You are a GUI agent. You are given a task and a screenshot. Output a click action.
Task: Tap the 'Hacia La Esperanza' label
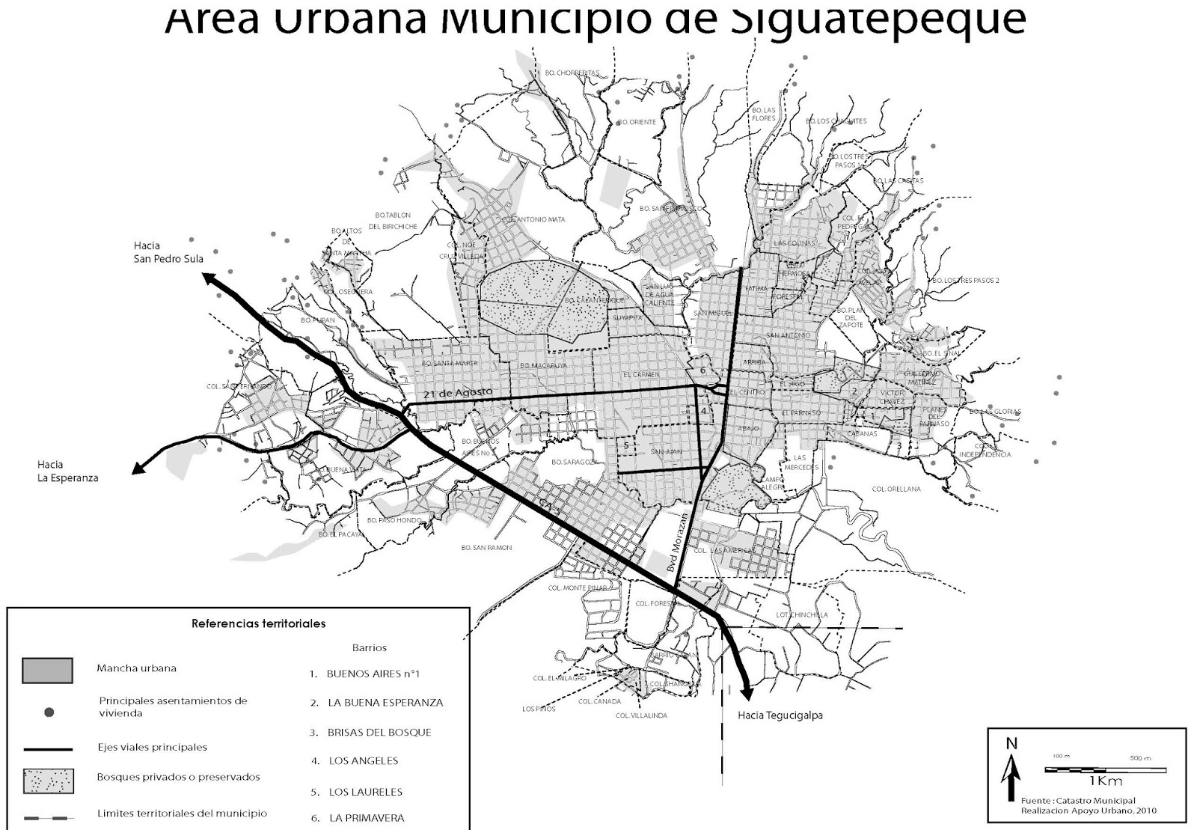(67, 472)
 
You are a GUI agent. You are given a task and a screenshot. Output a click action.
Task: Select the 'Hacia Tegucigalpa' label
(780, 715)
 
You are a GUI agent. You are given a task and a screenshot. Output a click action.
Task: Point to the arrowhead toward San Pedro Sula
(209, 279)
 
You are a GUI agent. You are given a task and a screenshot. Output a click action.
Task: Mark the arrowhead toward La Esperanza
(138, 469)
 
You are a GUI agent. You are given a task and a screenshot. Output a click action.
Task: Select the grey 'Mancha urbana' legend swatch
(47, 670)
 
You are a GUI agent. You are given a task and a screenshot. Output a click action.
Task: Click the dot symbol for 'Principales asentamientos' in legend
(49, 712)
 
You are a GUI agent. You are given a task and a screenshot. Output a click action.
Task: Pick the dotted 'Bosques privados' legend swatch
(48, 781)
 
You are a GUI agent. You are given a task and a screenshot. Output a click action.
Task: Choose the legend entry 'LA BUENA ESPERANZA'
(385, 703)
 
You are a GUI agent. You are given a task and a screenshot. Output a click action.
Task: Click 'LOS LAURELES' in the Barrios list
(366, 792)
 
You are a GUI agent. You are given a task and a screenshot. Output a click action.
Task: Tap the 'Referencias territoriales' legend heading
(258, 623)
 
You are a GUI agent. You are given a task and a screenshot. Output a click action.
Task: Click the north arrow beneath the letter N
(1011, 778)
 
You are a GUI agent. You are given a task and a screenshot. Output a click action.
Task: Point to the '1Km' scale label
(1106, 782)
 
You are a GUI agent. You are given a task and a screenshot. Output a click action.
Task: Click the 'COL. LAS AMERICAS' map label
(724, 551)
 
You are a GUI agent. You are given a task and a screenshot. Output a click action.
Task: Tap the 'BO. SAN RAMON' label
(486, 548)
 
